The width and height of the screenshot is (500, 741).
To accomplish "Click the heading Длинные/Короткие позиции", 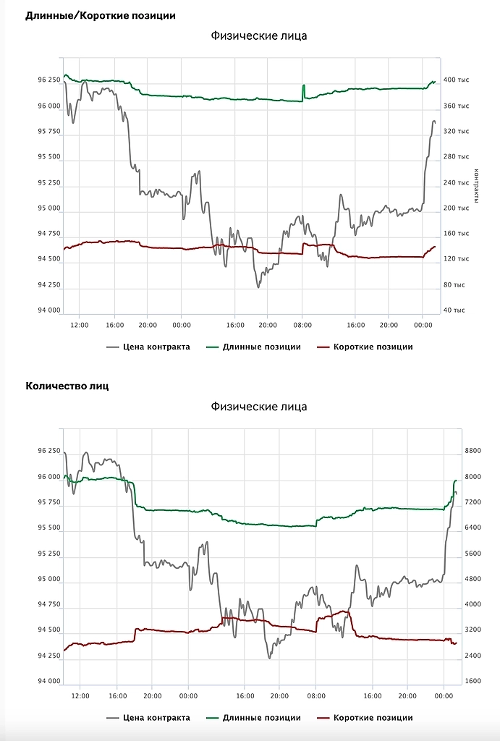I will tap(100, 15).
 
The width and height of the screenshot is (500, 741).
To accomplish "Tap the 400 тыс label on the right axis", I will tap(456, 80).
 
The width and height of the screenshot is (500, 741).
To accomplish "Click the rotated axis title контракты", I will tap(475, 186).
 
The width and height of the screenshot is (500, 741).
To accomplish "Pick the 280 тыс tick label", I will tap(456, 156).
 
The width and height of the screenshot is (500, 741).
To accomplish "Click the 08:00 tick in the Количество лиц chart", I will tap(315, 696).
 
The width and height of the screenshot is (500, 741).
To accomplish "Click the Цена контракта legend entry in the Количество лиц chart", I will tap(148, 718).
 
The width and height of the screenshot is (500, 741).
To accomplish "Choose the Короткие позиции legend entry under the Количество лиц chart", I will tap(365, 718).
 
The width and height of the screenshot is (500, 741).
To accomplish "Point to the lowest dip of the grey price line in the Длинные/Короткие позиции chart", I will tap(258, 287).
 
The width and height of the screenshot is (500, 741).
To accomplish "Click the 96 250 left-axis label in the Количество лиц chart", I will tap(48, 451).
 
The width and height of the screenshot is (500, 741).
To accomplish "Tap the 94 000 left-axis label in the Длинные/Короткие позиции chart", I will tap(48, 310).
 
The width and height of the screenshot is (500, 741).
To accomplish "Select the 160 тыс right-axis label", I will tap(456, 233).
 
